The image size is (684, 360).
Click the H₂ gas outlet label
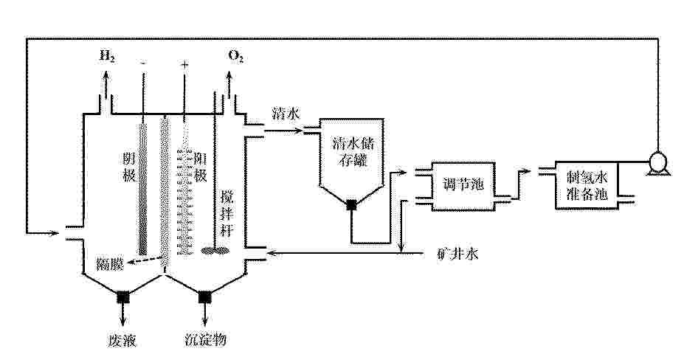[107, 56]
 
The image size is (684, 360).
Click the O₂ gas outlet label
[236, 57]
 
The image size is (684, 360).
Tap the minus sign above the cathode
[143, 63]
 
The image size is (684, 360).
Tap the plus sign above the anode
[185, 65]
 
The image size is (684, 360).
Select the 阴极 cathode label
[130, 167]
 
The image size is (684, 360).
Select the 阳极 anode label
[201, 167]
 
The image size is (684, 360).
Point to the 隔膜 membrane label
[109, 264]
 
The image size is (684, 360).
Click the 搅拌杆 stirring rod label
[227, 213]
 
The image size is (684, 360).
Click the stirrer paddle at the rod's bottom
[215, 251]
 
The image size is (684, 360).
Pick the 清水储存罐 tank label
[353, 151]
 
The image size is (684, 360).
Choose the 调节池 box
[463, 187]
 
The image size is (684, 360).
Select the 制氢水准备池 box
[587, 185]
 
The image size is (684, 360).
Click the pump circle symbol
[657, 162]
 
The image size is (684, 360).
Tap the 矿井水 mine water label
[457, 253]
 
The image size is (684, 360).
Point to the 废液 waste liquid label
[122, 339]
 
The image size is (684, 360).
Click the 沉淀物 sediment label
[205, 339]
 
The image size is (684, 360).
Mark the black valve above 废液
[123, 297]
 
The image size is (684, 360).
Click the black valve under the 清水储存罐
[352, 205]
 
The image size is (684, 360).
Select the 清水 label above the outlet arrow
[286, 114]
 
